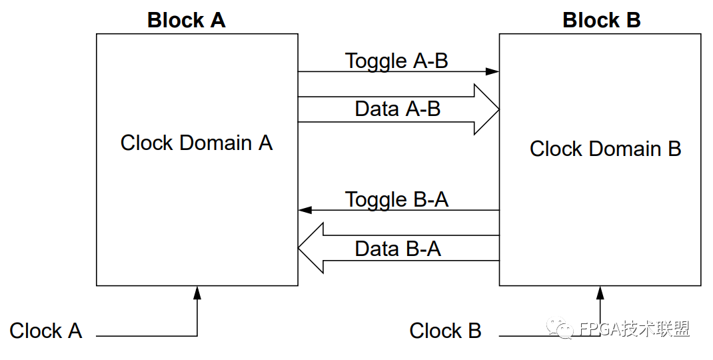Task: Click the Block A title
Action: tap(187, 21)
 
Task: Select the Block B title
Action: tap(602, 21)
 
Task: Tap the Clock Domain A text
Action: tap(197, 143)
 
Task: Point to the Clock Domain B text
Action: tap(605, 149)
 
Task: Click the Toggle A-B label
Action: tap(396, 61)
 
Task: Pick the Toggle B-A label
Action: tap(396, 200)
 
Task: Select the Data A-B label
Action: tap(397, 109)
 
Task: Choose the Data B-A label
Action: tap(398, 249)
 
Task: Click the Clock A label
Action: tap(45, 331)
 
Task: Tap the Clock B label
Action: tap(445, 331)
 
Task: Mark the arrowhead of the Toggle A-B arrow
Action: tap(492, 71)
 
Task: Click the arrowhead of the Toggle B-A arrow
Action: tap(305, 210)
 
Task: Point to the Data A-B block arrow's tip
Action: tap(499, 109)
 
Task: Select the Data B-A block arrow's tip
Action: tap(299, 248)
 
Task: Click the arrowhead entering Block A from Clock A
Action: tap(197, 293)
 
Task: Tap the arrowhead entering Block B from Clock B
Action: tap(600, 293)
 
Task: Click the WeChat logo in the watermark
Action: tap(560, 328)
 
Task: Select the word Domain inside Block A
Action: tap(215, 143)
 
